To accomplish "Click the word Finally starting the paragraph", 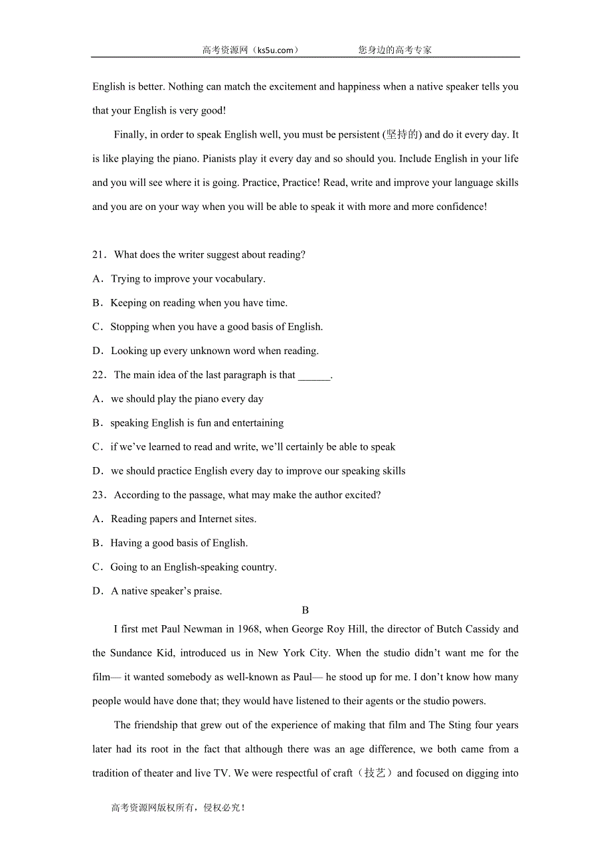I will pos(129,135).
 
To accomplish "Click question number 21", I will pos(99,255).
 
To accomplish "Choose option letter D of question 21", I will pos(98,351).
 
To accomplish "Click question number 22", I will pos(99,375).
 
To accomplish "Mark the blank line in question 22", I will pos(314,376).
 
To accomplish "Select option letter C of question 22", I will pos(97,447).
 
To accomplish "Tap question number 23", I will pos(99,495).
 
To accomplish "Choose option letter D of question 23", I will pos(98,591).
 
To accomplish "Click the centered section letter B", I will pos(305,610).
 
